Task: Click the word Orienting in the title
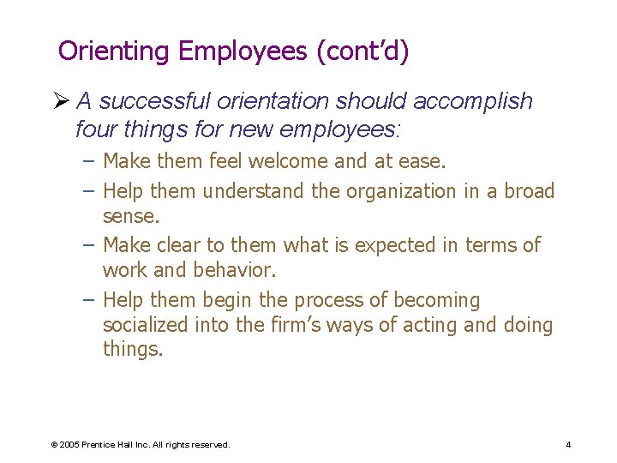114,51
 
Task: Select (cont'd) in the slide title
362,51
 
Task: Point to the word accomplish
472,101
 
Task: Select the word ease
422,161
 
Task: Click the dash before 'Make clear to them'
88,245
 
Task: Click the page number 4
568,445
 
